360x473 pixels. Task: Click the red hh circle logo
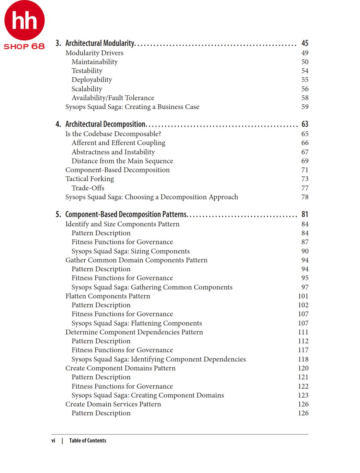point(24,20)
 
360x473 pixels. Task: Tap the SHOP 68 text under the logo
point(24,46)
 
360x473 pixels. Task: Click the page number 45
point(305,43)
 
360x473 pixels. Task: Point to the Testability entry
point(87,71)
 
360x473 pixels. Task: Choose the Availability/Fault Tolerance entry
point(113,98)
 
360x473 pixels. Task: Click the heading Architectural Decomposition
point(106,124)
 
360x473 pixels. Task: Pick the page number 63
point(305,124)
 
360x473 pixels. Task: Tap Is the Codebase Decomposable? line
point(113,134)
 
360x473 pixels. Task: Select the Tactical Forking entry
point(89,179)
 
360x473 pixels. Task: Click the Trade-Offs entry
point(88,188)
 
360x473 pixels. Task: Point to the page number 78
point(305,197)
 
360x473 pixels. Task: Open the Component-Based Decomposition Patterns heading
point(126,214)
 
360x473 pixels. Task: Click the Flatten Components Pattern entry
point(108,296)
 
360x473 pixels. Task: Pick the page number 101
point(303,296)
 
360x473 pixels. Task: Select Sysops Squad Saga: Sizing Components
point(130,251)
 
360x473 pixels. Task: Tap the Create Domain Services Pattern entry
point(113,404)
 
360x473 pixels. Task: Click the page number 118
point(303,359)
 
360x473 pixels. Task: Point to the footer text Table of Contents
point(87,440)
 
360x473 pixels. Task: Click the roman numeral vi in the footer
point(53,440)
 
